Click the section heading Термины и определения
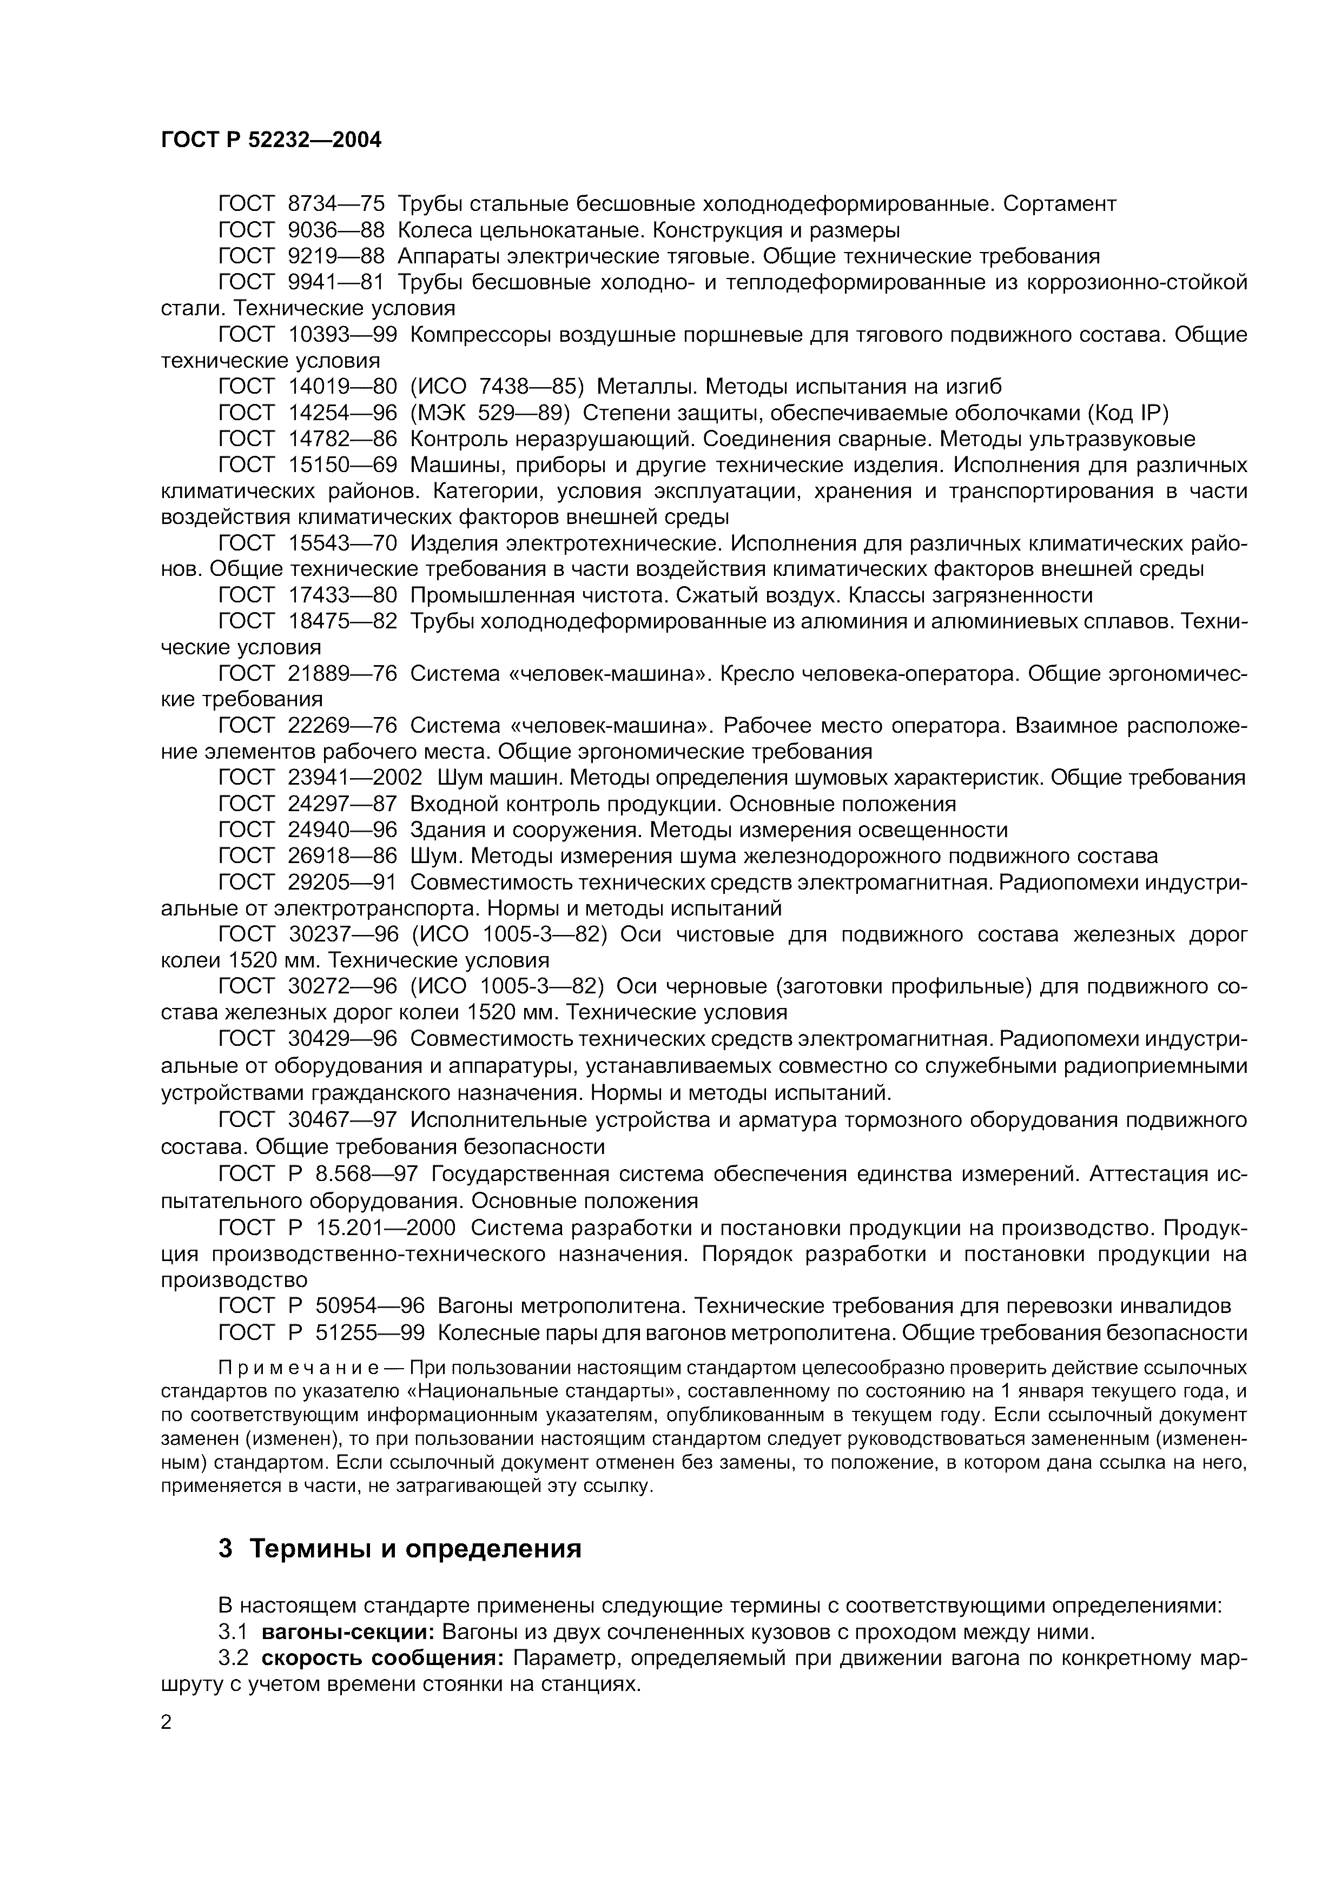click(x=415, y=1548)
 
